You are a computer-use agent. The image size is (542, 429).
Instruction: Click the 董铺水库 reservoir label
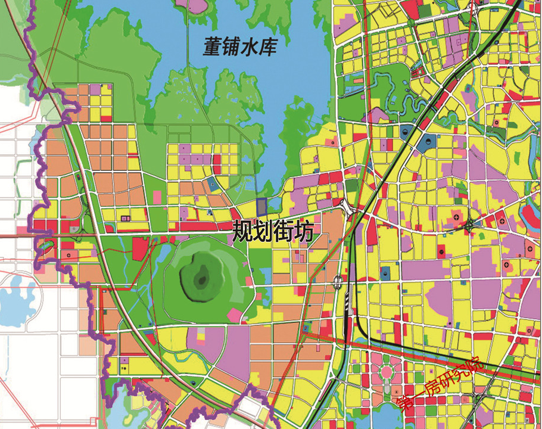239,47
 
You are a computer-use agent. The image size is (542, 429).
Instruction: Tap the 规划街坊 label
272,230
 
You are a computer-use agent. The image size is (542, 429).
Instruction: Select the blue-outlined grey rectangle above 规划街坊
261,206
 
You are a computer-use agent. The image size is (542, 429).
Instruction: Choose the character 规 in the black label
241,230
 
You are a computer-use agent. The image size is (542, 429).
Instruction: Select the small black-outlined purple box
125,219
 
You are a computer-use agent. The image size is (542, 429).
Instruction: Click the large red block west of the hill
141,248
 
